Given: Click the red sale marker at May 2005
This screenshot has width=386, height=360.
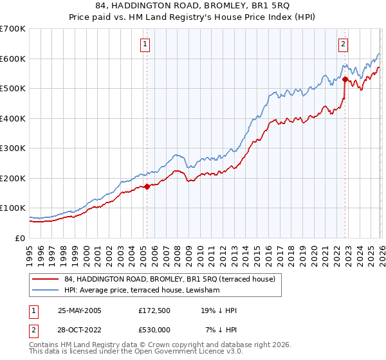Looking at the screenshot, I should coord(147,186).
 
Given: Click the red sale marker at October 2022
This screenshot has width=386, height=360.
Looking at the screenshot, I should coord(345,80).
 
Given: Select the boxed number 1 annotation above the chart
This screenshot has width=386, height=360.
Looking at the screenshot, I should coord(145,44).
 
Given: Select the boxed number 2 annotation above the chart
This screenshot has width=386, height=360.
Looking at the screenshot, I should coord(344,44).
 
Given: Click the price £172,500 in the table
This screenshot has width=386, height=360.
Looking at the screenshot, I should coord(154,310).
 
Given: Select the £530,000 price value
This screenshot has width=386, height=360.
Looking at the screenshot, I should coord(154,330).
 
